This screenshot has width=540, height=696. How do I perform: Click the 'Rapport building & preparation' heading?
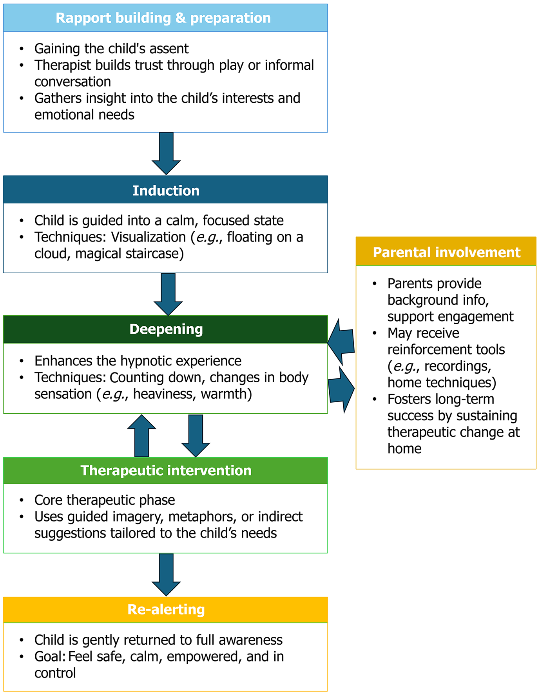coord(163,18)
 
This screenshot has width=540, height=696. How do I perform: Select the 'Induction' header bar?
coord(166,191)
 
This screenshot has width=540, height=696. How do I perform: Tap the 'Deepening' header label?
coord(166,329)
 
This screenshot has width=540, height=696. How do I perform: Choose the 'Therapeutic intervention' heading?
coord(166,471)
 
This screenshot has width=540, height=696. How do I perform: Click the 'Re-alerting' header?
coord(166,610)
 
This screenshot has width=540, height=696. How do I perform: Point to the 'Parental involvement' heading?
coord(446,252)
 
